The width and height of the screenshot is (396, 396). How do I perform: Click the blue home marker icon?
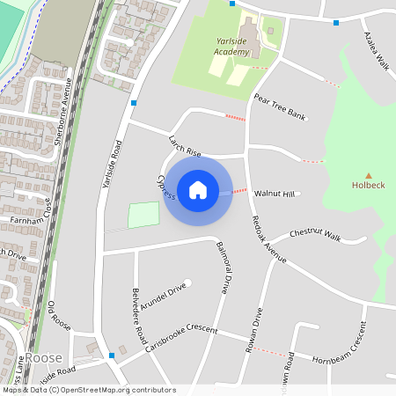click(198, 189)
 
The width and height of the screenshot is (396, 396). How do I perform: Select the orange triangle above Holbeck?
click(369, 175)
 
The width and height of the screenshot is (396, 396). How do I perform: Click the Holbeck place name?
click(369, 186)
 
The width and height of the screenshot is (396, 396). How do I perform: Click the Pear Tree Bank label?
click(279, 106)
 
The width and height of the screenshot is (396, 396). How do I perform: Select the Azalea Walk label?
click(377, 52)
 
